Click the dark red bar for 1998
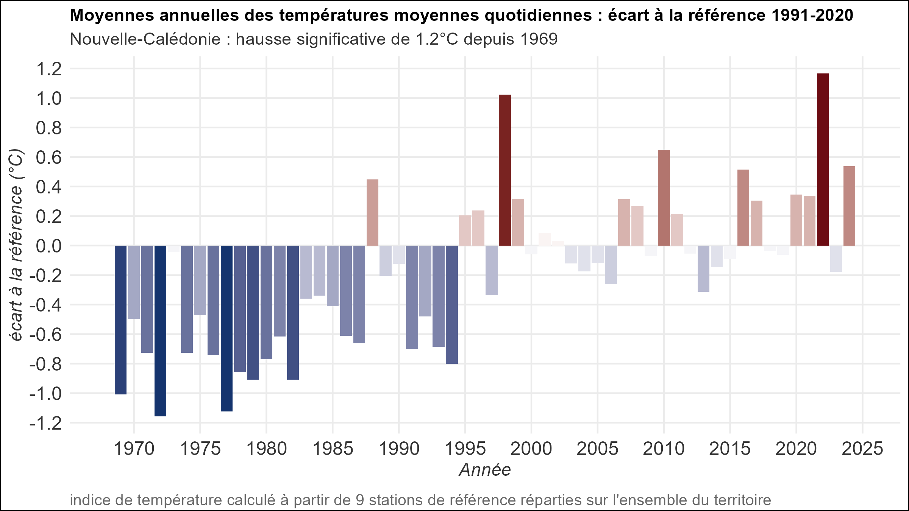point(504,170)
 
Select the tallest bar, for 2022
point(823,159)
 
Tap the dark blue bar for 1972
point(160,331)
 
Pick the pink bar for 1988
point(372,213)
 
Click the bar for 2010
point(664,198)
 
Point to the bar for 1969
point(120,320)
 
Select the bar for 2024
point(849,206)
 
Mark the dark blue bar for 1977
point(226,329)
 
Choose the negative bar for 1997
point(491,270)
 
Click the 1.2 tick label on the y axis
point(48,69)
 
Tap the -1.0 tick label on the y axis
point(45,394)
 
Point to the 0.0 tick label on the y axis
point(48,246)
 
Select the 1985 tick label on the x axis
point(333,449)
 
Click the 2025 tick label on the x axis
point(862,449)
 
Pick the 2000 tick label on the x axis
point(531,449)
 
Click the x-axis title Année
point(485,470)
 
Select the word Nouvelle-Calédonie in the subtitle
point(145,39)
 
